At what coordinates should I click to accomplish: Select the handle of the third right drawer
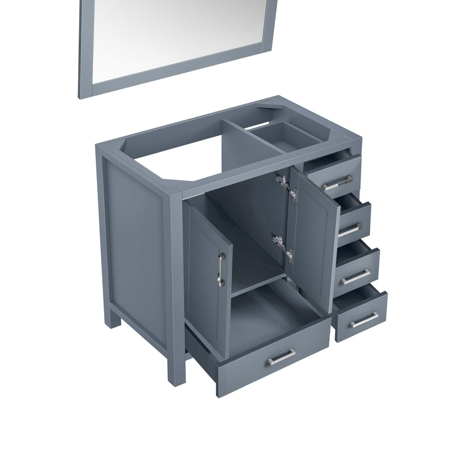click(355, 275)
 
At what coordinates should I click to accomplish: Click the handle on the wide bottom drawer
click(281, 357)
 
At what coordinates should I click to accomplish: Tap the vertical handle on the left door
click(221, 270)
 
